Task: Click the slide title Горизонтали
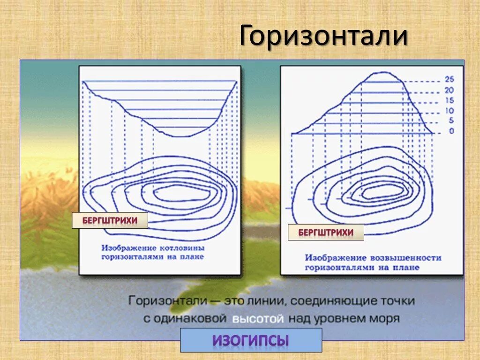click(x=323, y=36)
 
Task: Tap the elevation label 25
click(x=449, y=80)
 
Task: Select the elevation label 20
click(x=449, y=90)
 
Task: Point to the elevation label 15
click(x=449, y=101)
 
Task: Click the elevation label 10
click(x=449, y=111)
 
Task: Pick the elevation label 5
click(x=451, y=121)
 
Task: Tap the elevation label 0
click(x=451, y=131)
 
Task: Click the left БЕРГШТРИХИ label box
click(x=110, y=220)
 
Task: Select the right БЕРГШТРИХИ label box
click(x=325, y=232)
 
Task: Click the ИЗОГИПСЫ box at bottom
click(x=251, y=340)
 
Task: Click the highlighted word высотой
click(x=257, y=319)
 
